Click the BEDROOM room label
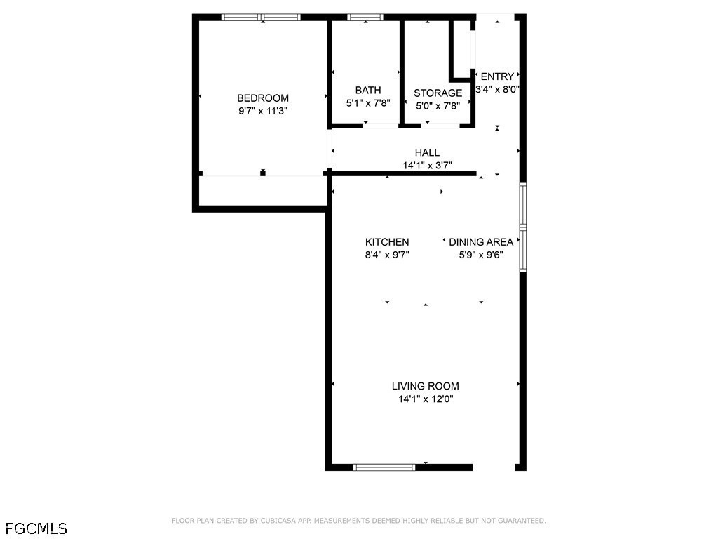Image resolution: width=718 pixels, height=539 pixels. (x=263, y=98)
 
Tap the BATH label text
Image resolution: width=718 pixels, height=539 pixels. (x=368, y=91)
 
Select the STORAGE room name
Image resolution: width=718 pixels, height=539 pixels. (x=438, y=93)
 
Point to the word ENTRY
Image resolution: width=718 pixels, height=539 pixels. (x=497, y=76)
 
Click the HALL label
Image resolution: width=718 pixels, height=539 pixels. (x=427, y=152)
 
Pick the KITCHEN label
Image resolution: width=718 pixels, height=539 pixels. (x=387, y=242)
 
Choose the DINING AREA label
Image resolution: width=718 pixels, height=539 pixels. (x=481, y=242)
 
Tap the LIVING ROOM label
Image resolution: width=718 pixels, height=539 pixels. (x=426, y=386)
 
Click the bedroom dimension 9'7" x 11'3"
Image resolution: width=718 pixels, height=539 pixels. (x=263, y=111)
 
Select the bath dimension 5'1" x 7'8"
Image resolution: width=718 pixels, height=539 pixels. (x=368, y=103)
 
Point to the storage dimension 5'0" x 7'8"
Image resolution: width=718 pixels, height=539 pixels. (x=438, y=106)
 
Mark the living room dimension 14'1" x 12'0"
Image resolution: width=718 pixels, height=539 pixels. (x=426, y=399)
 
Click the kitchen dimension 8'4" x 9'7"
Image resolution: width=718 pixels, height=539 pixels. (x=387, y=255)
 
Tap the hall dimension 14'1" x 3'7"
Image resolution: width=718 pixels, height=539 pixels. (x=427, y=166)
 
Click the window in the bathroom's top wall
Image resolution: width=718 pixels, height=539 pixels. (x=365, y=18)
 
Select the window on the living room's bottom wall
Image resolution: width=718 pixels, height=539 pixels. (x=384, y=467)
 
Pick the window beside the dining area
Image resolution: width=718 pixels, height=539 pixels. (x=522, y=227)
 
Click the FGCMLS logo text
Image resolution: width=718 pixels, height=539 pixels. (x=36, y=528)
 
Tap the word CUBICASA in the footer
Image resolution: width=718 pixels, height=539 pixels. (x=278, y=521)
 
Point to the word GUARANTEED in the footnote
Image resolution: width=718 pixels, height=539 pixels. (x=522, y=521)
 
